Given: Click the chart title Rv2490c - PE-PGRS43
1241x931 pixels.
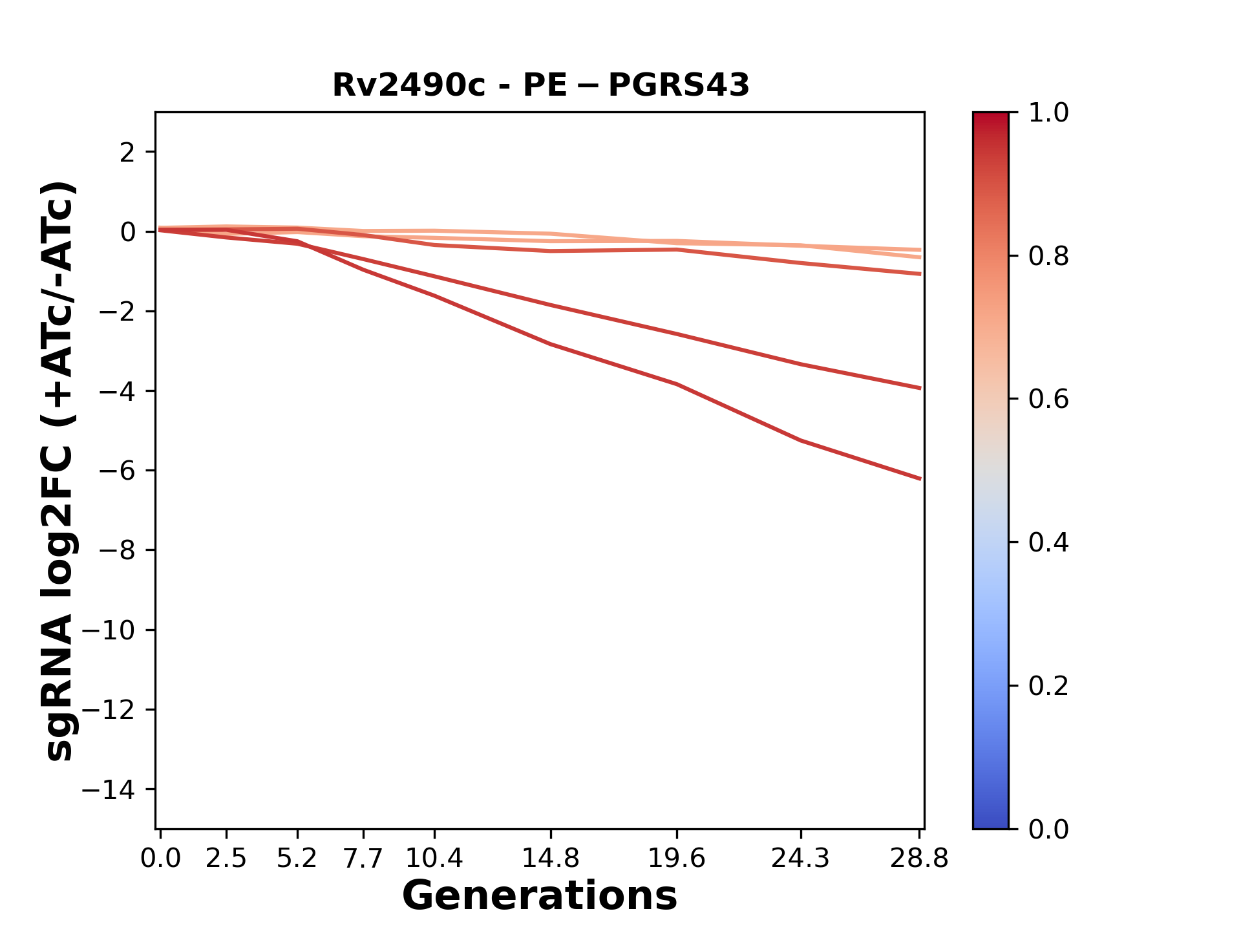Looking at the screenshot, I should point(540,85).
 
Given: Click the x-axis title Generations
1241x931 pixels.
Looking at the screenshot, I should point(540,896).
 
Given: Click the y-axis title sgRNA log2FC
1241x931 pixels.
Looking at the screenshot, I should point(59,471).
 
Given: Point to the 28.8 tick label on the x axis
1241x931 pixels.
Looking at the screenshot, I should point(919,859).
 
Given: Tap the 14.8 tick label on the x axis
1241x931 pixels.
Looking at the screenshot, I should point(550,859).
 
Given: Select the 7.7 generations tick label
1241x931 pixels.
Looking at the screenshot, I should point(363,859).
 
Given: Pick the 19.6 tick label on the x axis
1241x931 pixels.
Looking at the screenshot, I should point(676,859).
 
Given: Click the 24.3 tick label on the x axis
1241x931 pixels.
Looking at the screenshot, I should point(800,859).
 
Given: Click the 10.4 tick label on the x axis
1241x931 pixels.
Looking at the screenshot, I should point(434,859).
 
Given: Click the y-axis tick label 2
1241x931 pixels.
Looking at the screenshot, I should point(127,153).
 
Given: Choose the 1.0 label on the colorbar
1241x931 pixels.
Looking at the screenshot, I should point(1048,113).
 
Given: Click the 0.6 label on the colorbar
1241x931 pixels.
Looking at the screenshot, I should point(1048,400).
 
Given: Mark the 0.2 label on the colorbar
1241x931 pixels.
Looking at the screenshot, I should point(1048,686).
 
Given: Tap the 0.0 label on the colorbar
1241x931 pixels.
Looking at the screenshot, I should point(1048,829).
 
